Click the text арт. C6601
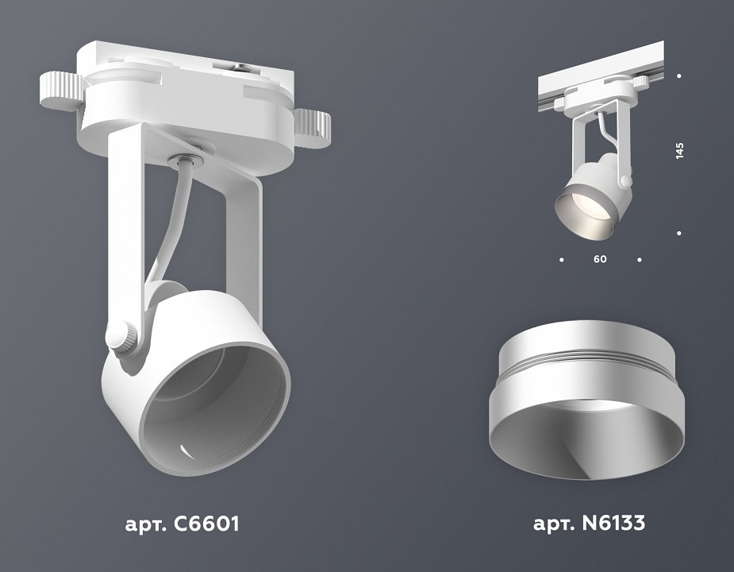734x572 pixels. tap(182, 524)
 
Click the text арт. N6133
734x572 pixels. tap(588, 524)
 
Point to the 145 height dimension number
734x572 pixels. tap(679, 151)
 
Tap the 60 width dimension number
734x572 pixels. tap(600, 260)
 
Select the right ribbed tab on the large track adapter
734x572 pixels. tap(313, 123)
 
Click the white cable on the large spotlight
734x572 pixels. tap(171, 222)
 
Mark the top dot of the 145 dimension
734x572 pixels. tap(679, 76)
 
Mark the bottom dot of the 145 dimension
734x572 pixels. tap(679, 233)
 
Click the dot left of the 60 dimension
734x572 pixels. tap(561, 260)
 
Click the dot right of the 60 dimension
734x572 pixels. tap(640, 260)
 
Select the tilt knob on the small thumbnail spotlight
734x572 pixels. tap(625, 181)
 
